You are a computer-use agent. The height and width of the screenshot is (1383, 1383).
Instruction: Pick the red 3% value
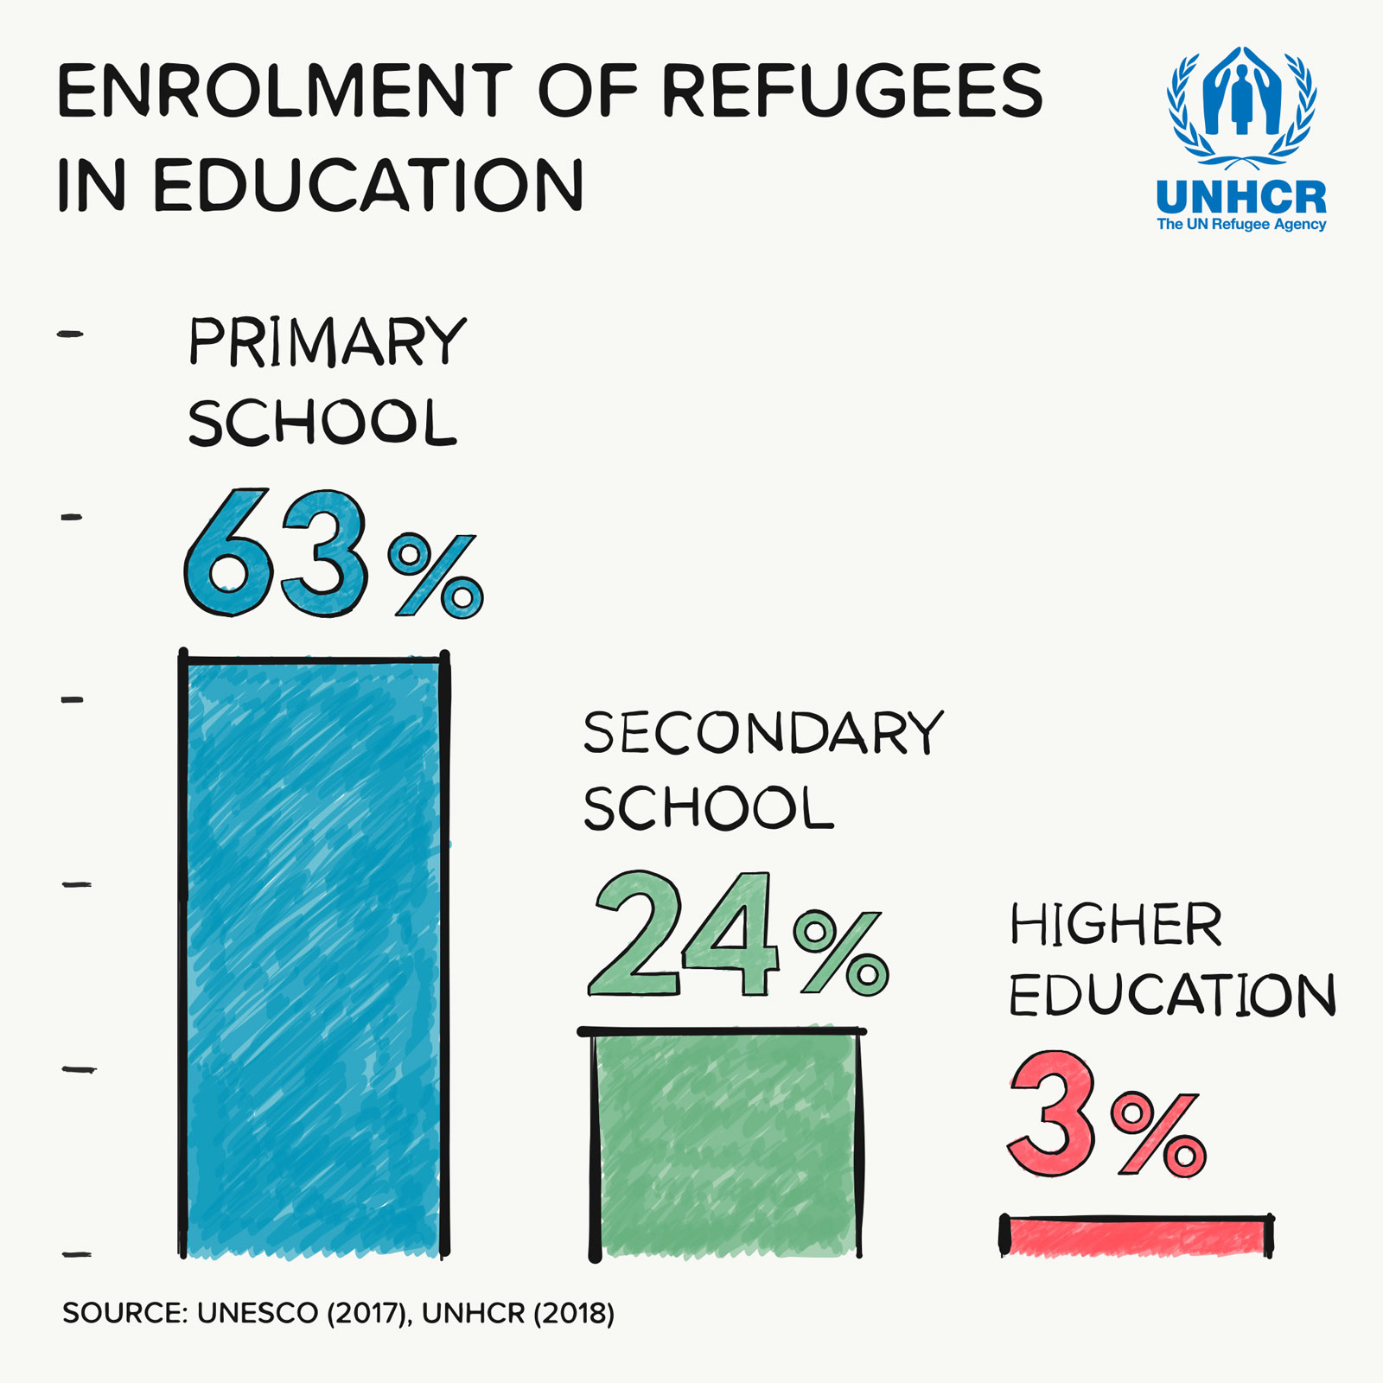(x=1106, y=1115)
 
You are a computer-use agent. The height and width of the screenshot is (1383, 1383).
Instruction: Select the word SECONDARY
(x=763, y=734)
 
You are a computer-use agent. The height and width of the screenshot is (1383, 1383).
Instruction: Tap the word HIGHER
(x=1116, y=925)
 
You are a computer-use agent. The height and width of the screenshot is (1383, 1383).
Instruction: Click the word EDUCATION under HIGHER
(x=1172, y=996)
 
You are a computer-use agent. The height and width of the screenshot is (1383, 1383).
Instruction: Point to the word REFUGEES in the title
(x=852, y=91)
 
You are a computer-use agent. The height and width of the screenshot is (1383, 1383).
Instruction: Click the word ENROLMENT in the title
(x=285, y=91)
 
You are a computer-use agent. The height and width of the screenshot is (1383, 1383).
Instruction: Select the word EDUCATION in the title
(x=368, y=186)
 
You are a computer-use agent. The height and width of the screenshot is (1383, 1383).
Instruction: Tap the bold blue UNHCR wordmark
(x=1241, y=198)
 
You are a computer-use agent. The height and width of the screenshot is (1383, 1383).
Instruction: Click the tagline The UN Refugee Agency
(x=1241, y=225)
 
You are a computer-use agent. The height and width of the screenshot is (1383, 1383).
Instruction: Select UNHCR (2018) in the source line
(x=518, y=1314)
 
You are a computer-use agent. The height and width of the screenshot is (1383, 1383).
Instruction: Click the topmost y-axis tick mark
(x=71, y=334)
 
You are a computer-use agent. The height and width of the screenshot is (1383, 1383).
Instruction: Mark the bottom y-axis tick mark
(x=76, y=1254)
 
